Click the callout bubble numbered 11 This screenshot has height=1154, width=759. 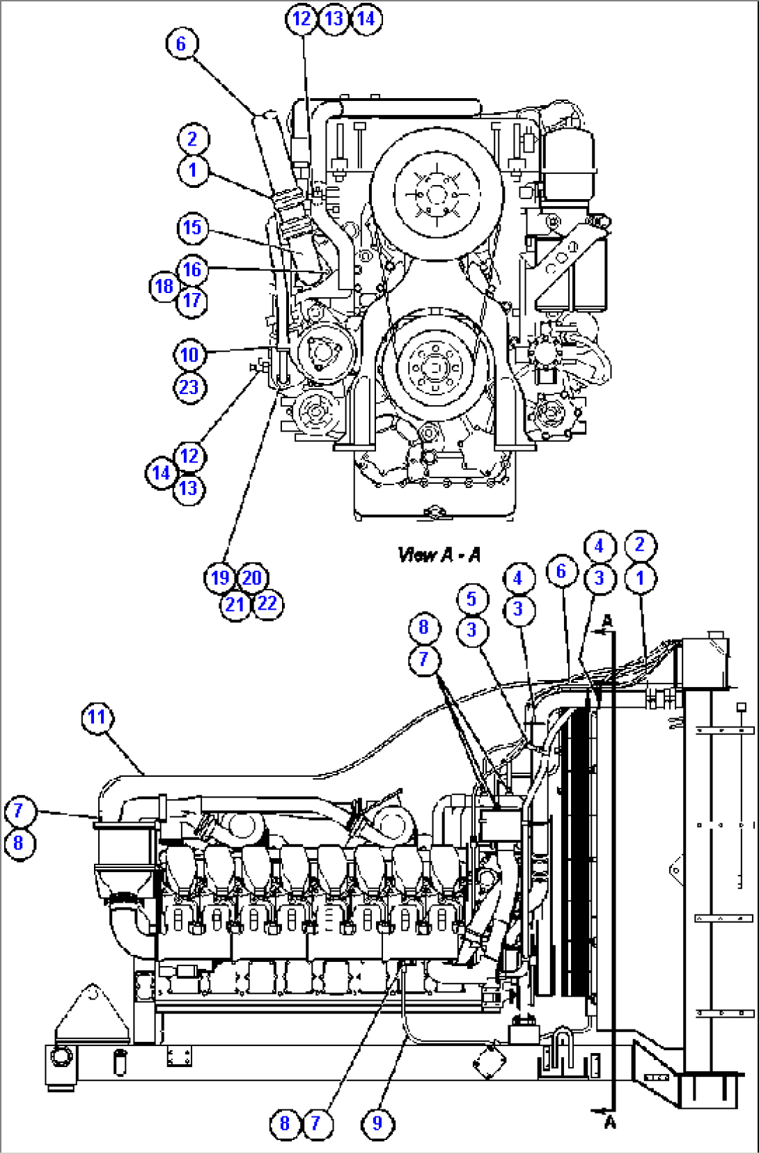tap(97, 717)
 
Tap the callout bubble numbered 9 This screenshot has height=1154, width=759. tap(377, 1123)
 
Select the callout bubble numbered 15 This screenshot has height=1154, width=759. tap(192, 228)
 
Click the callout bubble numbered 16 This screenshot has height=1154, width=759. tap(192, 270)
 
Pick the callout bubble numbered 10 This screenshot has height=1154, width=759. tap(189, 355)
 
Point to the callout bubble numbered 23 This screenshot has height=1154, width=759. tap(189, 387)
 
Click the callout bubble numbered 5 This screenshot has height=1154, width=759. tap(472, 599)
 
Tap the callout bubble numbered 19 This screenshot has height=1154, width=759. tap(220, 578)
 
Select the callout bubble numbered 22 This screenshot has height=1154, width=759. tap(267, 603)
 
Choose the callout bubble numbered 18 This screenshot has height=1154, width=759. tap(164, 286)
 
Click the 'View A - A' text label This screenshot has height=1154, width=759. tap(439, 555)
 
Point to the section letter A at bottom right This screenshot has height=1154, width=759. tap(610, 1122)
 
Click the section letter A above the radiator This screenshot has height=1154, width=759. tap(608, 620)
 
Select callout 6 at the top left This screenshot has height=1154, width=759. tap(182, 44)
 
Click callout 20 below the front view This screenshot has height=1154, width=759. tap(252, 578)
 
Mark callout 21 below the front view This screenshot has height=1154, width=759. tap(235, 604)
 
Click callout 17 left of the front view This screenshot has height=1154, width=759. tap(192, 301)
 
